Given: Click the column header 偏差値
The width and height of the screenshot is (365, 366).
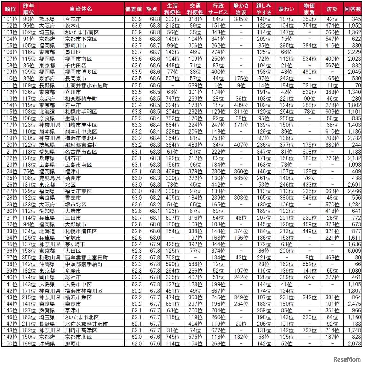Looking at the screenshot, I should click(x=133, y=9).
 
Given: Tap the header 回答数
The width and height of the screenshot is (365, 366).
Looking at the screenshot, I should click(x=353, y=9).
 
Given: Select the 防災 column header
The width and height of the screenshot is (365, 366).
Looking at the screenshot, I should click(x=332, y=9).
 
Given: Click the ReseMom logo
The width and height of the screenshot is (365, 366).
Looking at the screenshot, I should click(x=347, y=359).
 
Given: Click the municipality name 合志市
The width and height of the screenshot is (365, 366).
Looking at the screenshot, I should click(x=73, y=19).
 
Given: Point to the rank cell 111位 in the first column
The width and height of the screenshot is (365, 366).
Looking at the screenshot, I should click(x=11, y=85).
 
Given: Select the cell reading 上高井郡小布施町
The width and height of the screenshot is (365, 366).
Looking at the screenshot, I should click(x=86, y=85).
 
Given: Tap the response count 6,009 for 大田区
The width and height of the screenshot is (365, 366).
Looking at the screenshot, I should click(x=354, y=251).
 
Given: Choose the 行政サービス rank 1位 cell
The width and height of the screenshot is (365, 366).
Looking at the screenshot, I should click(x=218, y=85).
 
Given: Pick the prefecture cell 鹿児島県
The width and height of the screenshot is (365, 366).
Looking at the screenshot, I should click(x=50, y=178).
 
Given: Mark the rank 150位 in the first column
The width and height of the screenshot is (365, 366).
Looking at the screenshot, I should click(x=11, y=343).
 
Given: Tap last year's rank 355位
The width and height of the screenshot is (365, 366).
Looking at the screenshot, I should click(x=29, y=258).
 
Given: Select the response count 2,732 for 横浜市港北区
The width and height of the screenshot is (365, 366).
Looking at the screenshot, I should click(x=354, y=138).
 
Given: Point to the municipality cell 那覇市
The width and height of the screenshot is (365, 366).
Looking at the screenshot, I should click(x=73, y=343).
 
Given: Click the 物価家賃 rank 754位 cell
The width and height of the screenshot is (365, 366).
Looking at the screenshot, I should click(x=309, y=26).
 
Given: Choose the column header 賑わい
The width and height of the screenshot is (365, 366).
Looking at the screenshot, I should click(x=286, y=9).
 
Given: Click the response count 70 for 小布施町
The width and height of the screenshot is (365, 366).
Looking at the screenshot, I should click(x=358, y=85).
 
